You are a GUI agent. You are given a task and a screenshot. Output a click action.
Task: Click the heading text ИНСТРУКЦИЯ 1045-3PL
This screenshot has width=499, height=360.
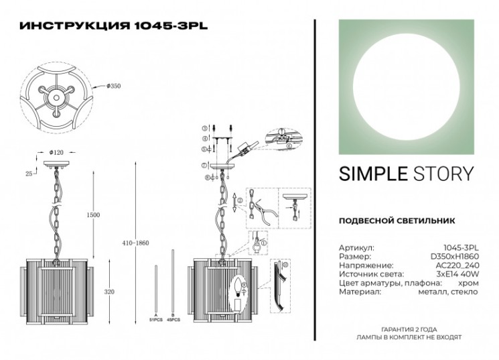[x=114, y=27]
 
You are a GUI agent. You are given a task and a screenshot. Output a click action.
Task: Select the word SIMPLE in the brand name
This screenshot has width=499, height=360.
[x=372, y=175]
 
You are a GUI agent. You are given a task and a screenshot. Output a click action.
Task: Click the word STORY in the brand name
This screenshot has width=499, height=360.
[x=443, y=175]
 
